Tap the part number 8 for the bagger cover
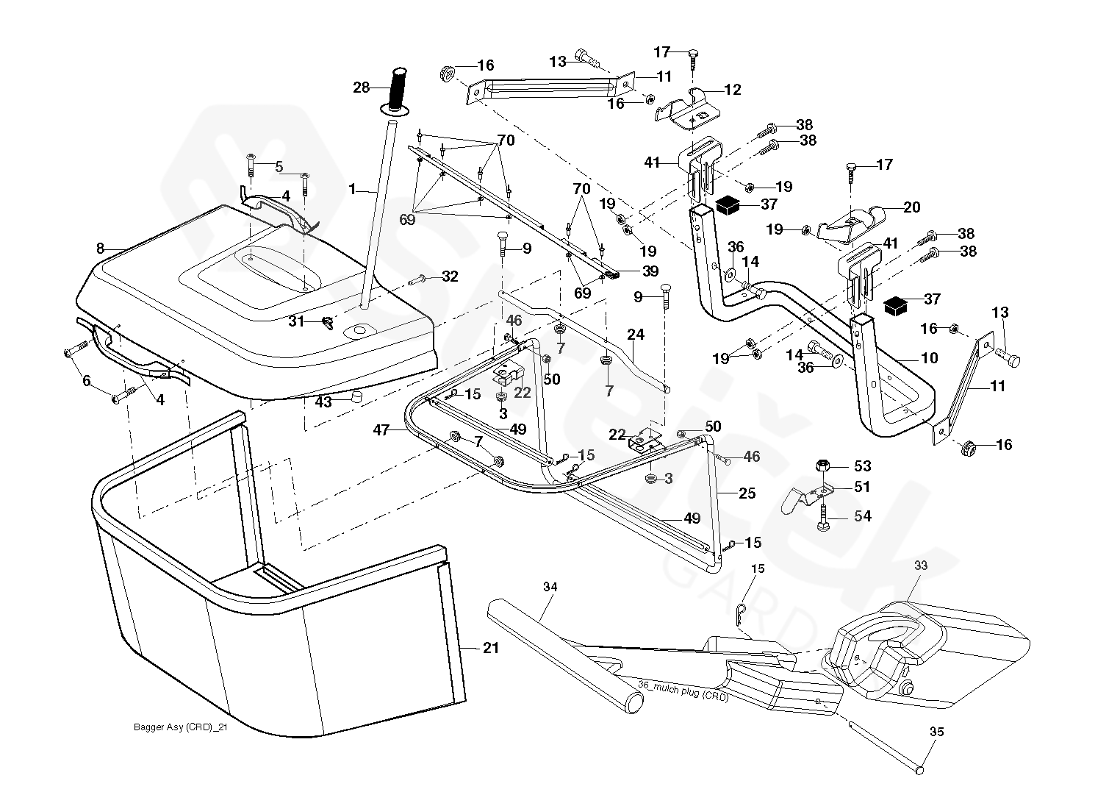coord(101,248)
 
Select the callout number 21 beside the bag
coord(491,648)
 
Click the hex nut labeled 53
coord(823,466)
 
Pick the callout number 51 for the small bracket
coord(862,487)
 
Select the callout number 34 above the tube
coord(550,586)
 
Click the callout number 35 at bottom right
coord(936,732)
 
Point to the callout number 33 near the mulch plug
coord(921,565)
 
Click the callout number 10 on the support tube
coord(929,358)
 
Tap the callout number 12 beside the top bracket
coord(733,90)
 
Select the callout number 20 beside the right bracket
coord(911,207)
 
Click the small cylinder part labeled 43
coord(359,398)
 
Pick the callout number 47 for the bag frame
coord(381,430)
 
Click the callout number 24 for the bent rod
coord(636,335)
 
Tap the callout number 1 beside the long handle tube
coord(352,189)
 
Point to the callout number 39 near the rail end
coord(650,271)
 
